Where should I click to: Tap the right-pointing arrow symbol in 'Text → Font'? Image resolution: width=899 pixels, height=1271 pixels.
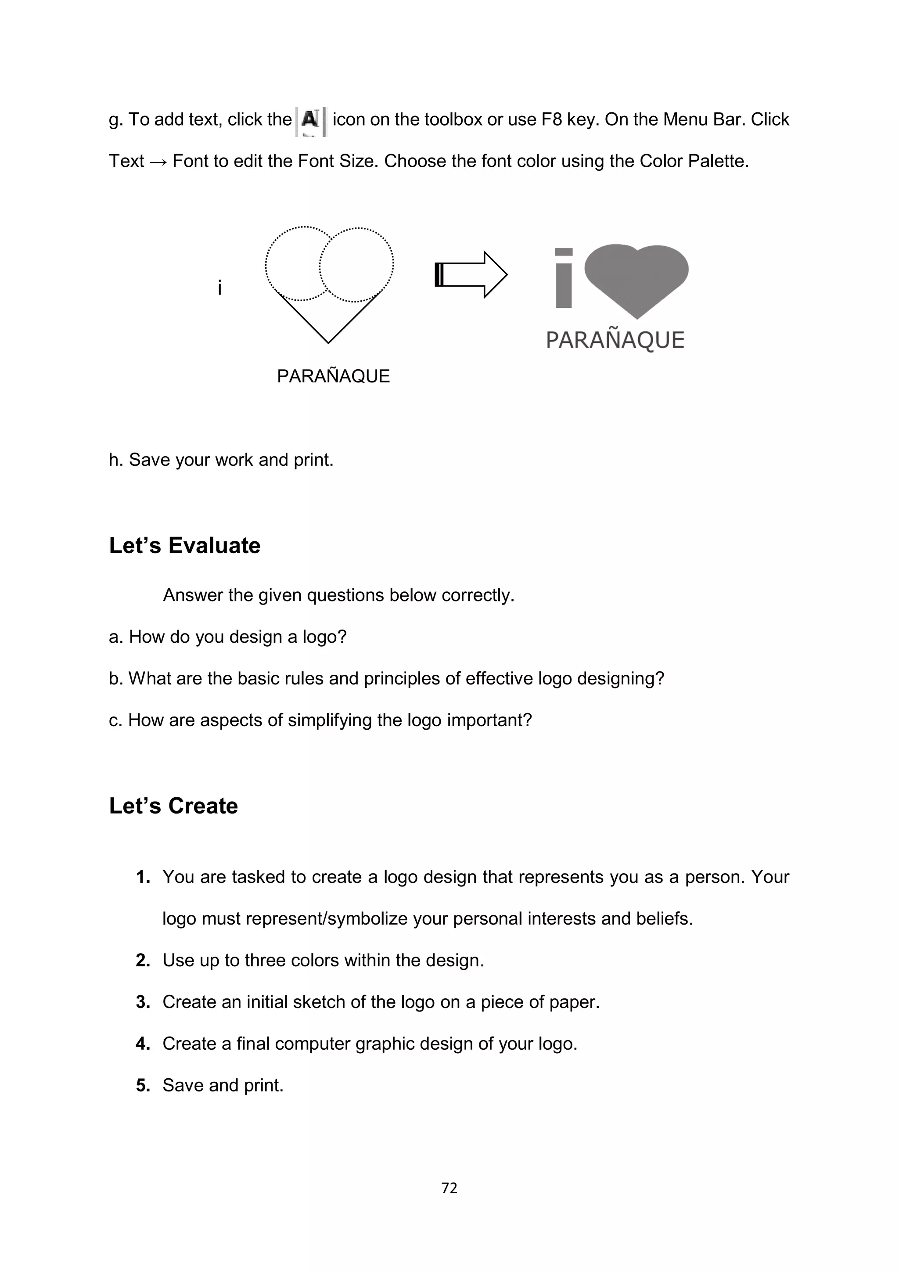point(158,162)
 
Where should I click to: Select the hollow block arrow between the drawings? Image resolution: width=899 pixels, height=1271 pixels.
point(471,274)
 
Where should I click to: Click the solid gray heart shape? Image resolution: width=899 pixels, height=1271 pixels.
point(636,277)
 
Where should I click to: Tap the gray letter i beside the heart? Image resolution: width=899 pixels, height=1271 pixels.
point(564,278)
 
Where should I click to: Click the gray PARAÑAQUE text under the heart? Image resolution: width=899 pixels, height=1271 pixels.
point(615,340)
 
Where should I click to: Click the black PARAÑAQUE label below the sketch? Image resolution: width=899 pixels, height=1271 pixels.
point(333,376)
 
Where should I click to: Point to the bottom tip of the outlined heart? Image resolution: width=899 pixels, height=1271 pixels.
point(328,342)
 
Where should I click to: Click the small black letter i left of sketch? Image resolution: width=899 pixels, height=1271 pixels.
point(220,288)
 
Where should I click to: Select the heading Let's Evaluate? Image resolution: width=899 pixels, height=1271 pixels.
point(184,546)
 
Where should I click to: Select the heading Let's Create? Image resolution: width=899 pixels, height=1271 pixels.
point(173,806)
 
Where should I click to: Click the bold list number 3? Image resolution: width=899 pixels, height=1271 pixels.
point(143,1002)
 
